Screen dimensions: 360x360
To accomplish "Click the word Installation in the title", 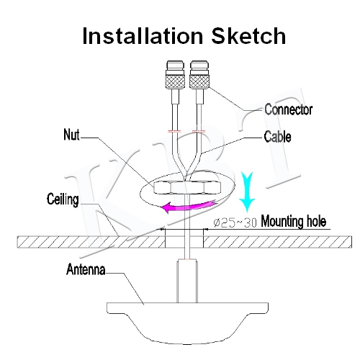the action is pos(143,35).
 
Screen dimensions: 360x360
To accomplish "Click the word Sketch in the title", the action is pos(248,35).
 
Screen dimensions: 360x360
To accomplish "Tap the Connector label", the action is pos(288,109).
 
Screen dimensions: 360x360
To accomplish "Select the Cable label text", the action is pos(277,137).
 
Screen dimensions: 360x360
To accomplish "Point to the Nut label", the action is pos(71,135).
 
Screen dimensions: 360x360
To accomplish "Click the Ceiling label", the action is pos(63,199).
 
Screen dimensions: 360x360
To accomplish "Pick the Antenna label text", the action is pos(86,269).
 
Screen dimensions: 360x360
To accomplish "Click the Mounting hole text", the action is pos(293,221).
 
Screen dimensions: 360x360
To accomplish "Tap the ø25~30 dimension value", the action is pos(235,222).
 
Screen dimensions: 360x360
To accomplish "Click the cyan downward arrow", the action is pos(248,192).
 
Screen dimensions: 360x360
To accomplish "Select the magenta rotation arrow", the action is pos(189,206).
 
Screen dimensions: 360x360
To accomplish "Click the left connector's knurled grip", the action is pos(176,81).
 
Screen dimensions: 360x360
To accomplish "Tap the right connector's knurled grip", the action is pos(199,81).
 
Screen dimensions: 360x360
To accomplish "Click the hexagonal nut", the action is pos(186,187).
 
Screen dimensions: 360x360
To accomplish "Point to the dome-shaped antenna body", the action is pos(187,323).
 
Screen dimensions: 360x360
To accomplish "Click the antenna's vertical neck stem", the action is pos(187,281).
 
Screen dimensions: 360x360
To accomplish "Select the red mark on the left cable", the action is pos(174,131).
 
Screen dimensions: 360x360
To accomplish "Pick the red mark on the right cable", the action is pos(199,131).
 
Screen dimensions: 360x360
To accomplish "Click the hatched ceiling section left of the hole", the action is pos(91,242).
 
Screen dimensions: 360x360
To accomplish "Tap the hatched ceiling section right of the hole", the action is pos(278,242).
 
